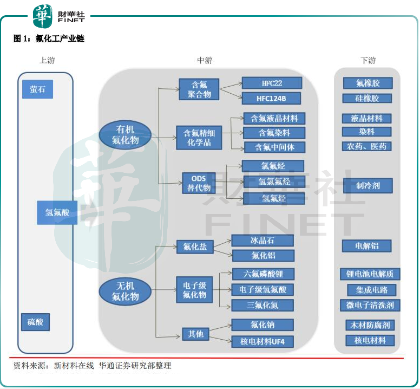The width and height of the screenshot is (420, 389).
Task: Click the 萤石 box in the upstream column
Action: point(37,89)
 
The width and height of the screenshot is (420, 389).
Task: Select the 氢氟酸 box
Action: point(57,213)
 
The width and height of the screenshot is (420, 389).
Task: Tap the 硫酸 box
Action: point(35,322)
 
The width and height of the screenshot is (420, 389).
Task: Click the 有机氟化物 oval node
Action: point(126,135)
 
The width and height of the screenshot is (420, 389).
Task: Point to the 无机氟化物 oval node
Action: point(125,291)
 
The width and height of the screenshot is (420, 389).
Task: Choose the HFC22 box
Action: point(271,83)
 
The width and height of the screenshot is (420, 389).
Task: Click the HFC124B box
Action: point(271,98)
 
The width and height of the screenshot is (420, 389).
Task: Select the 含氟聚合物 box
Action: point(199,89)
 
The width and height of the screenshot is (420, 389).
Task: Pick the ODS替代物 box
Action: point(199,183)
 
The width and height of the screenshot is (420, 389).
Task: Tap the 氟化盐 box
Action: point(195,247)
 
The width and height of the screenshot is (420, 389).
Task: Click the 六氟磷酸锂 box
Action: point(262,274)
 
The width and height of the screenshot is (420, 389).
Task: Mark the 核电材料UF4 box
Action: point(262,341)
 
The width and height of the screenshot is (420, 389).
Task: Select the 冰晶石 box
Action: point(262,240)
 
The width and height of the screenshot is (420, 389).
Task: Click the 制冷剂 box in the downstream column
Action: point(367,185)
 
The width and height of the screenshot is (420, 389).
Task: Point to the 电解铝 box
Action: point(366,246)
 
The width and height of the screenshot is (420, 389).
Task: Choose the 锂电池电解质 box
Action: point(370,274)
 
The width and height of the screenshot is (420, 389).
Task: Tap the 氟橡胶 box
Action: point(367,83)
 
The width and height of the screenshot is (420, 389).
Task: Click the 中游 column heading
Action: point(205,61)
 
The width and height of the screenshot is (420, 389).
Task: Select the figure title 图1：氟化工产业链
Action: point(49,39)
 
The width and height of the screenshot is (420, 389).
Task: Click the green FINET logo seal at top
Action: point(43,16)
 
